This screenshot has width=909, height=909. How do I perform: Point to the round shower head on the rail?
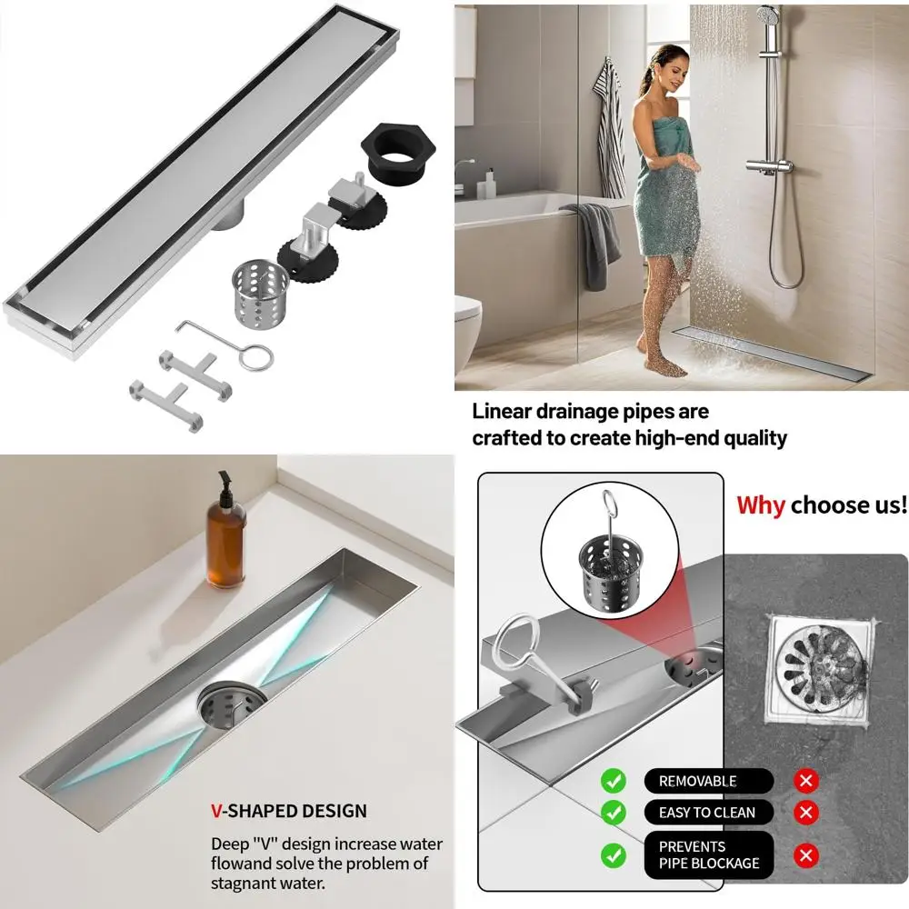pos(768,17)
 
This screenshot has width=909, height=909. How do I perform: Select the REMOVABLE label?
pos(697,781)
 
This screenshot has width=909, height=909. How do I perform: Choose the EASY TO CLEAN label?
pos(707,812)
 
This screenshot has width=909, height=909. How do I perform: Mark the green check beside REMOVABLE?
pos(614,780)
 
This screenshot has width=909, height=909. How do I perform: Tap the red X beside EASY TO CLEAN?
pos(805,812)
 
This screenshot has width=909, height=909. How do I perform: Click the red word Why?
pos(761,504)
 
